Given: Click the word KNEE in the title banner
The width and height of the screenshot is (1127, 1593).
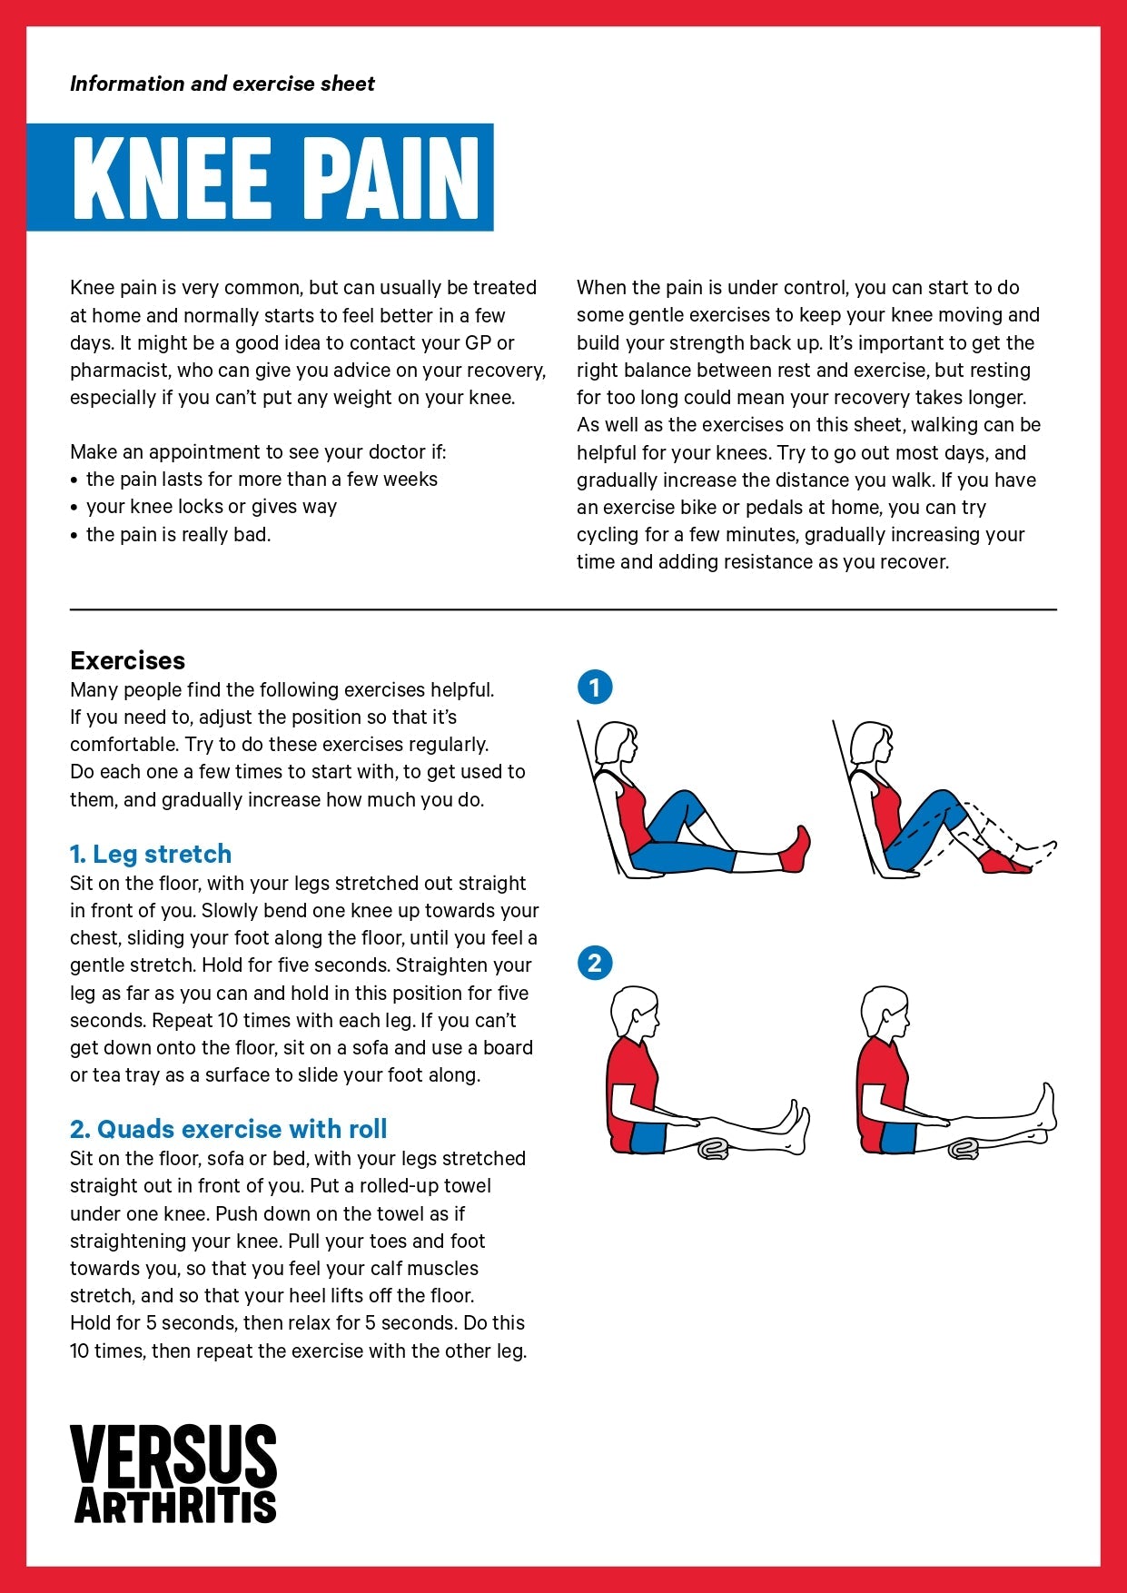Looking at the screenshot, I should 172,178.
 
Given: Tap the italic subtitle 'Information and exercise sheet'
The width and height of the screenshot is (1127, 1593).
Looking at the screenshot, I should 222,84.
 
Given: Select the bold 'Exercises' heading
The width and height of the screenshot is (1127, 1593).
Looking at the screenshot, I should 127,660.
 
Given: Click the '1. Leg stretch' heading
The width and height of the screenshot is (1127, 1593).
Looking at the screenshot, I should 151,854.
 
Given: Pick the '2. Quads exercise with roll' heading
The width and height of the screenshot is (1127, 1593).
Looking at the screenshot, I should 228,1129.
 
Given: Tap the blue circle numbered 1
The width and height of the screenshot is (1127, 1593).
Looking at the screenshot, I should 595,687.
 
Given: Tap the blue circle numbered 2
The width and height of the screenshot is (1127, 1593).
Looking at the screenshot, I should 595,963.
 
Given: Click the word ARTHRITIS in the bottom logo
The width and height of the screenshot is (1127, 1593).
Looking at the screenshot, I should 175,1506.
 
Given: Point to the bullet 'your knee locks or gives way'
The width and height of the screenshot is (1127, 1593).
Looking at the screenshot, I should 211,507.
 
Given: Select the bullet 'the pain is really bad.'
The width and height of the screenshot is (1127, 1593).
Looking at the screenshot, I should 178,534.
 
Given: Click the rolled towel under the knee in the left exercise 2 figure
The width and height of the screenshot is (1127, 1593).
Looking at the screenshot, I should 713,1151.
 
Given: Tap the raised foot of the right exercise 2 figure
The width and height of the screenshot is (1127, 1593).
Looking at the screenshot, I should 1048,1104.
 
